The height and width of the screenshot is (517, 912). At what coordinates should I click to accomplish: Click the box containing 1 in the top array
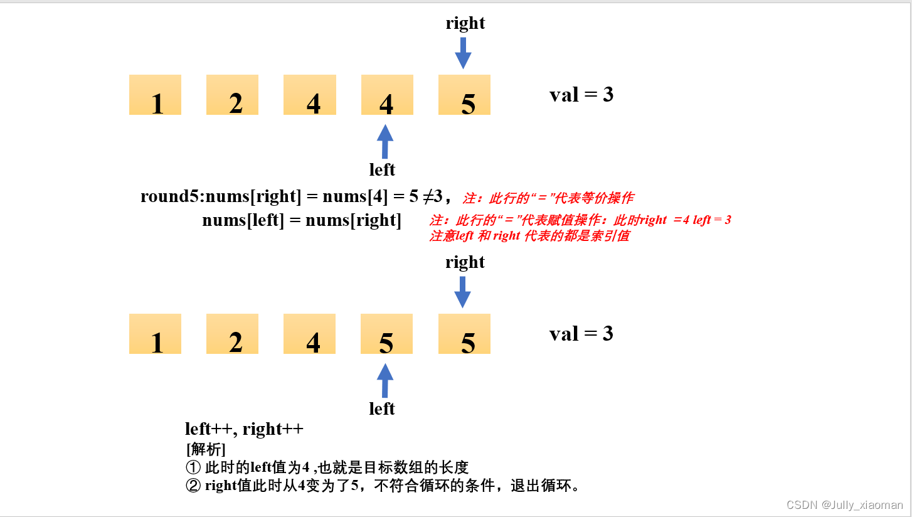[x=155, y=95]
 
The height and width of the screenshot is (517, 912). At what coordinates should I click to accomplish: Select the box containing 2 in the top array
[x=232, y=95]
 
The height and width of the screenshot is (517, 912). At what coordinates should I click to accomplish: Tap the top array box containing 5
[x=464, y=95]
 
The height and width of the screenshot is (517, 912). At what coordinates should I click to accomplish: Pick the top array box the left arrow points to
[x=387, y=95]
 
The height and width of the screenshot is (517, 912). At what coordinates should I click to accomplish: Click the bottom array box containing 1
[x=155, y=334]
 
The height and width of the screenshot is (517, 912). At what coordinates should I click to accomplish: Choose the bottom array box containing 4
[x=310, y=334]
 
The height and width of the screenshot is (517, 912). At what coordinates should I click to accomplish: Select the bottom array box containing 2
[x=232, y=334]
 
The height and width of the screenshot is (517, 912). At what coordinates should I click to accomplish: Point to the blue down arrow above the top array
[x=463, y=53]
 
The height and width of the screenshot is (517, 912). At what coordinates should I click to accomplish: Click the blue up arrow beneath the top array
[x=385, y=141]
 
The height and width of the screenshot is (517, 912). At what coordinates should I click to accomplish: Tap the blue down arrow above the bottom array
[x=463, y=292]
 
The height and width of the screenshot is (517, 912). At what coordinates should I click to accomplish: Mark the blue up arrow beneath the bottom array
[x=385, y=380]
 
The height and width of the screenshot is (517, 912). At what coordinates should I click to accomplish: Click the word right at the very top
[x=465, y=23]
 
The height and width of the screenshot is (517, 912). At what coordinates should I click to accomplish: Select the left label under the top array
[x=382, y=169]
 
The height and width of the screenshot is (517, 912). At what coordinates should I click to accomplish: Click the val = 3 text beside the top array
[x=581, y=95]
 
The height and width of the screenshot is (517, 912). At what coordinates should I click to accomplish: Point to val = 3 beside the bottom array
[x=581, y=334]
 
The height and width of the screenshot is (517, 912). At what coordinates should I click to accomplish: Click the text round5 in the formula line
[x=171, y=196]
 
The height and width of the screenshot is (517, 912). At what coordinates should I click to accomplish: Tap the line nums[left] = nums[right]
[x=302, y=220]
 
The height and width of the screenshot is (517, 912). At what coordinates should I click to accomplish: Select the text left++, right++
[x=244, y=429]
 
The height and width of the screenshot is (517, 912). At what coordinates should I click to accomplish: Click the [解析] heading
[x=206, y=449]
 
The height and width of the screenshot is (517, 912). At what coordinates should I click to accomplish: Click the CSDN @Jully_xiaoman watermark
[x=844, y=505]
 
